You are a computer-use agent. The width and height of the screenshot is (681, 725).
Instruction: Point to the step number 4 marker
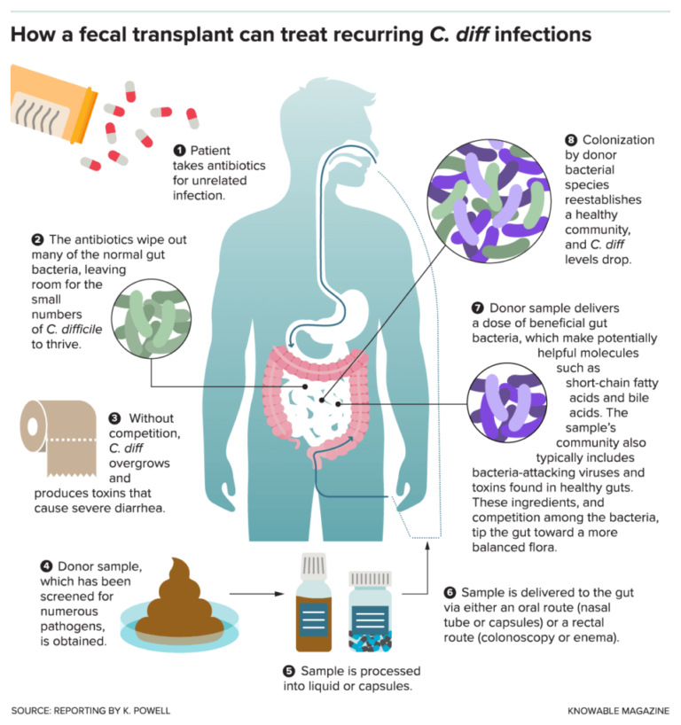pos(45,565)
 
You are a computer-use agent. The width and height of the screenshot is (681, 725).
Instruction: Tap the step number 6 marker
pos(450,592)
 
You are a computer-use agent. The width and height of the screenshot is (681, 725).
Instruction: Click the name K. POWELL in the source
pos(151,712)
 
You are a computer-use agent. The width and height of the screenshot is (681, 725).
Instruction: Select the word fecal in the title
pos(107,35)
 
